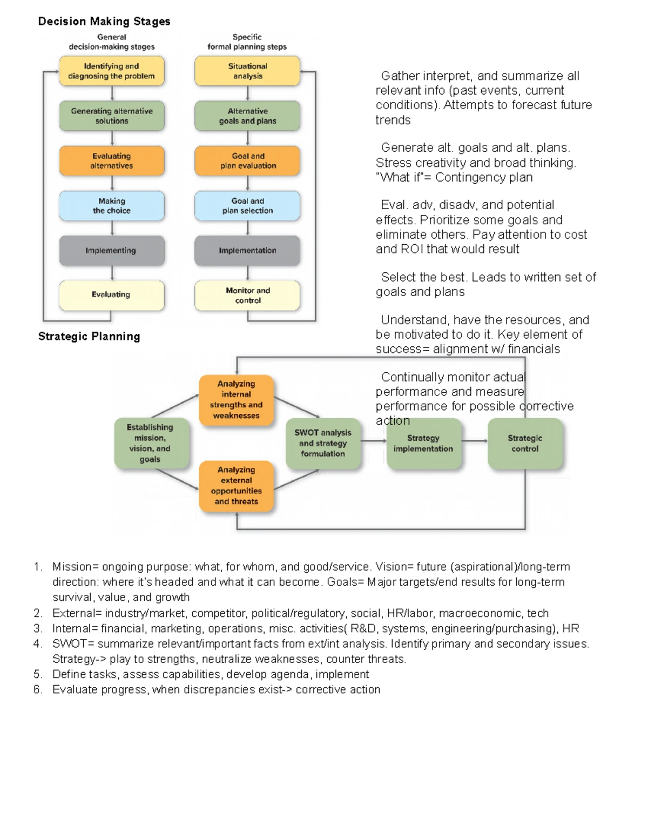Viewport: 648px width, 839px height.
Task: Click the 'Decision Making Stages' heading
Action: click(104, 22)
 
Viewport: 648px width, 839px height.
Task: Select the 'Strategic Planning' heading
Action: click(89, 337)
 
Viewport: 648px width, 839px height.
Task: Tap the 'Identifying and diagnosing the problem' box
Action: click(112, 71)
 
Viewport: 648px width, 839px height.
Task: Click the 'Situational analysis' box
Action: click(247, 71)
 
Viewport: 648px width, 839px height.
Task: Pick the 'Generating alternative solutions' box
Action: click(112, 116)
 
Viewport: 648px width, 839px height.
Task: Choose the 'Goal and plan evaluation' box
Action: click(247, 161)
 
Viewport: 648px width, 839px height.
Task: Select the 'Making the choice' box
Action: click(112, 206)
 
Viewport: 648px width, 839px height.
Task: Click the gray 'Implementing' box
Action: click(112, 251)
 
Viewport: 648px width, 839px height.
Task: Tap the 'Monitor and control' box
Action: click(247, 296)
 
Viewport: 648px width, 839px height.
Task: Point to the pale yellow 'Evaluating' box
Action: click(112, 295)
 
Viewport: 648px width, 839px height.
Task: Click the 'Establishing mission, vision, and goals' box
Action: click(150, 443)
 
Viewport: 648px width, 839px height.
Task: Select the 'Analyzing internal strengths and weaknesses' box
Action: click(237, 400)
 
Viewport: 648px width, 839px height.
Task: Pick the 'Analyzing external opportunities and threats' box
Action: click(237, 486)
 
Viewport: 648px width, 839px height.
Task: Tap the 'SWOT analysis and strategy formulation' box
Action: click(323, 443)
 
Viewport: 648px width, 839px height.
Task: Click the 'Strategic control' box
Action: click(525, 443)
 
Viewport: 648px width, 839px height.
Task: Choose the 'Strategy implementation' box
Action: click(423, 443)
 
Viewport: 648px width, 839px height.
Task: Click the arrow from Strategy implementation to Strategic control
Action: click(475, 441)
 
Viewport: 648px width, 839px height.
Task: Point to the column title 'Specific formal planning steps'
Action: click(247, 42)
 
